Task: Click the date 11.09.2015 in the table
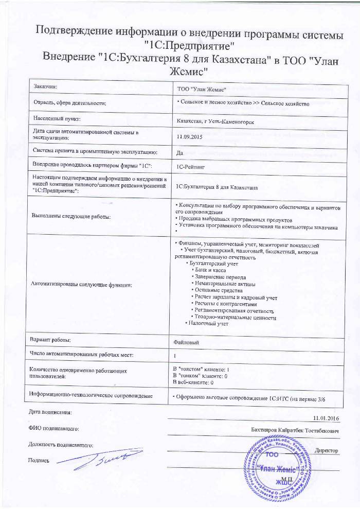(x=187, y=136)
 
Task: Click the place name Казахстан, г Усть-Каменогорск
(x=214, y=121)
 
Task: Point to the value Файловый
(x=187, y=341)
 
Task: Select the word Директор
(x=326, y=450)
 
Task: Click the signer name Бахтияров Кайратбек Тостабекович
(x=295, y=429)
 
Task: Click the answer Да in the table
(x=179, y=152)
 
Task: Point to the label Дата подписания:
(x=47, y=412)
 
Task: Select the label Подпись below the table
(x=39, y=461)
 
